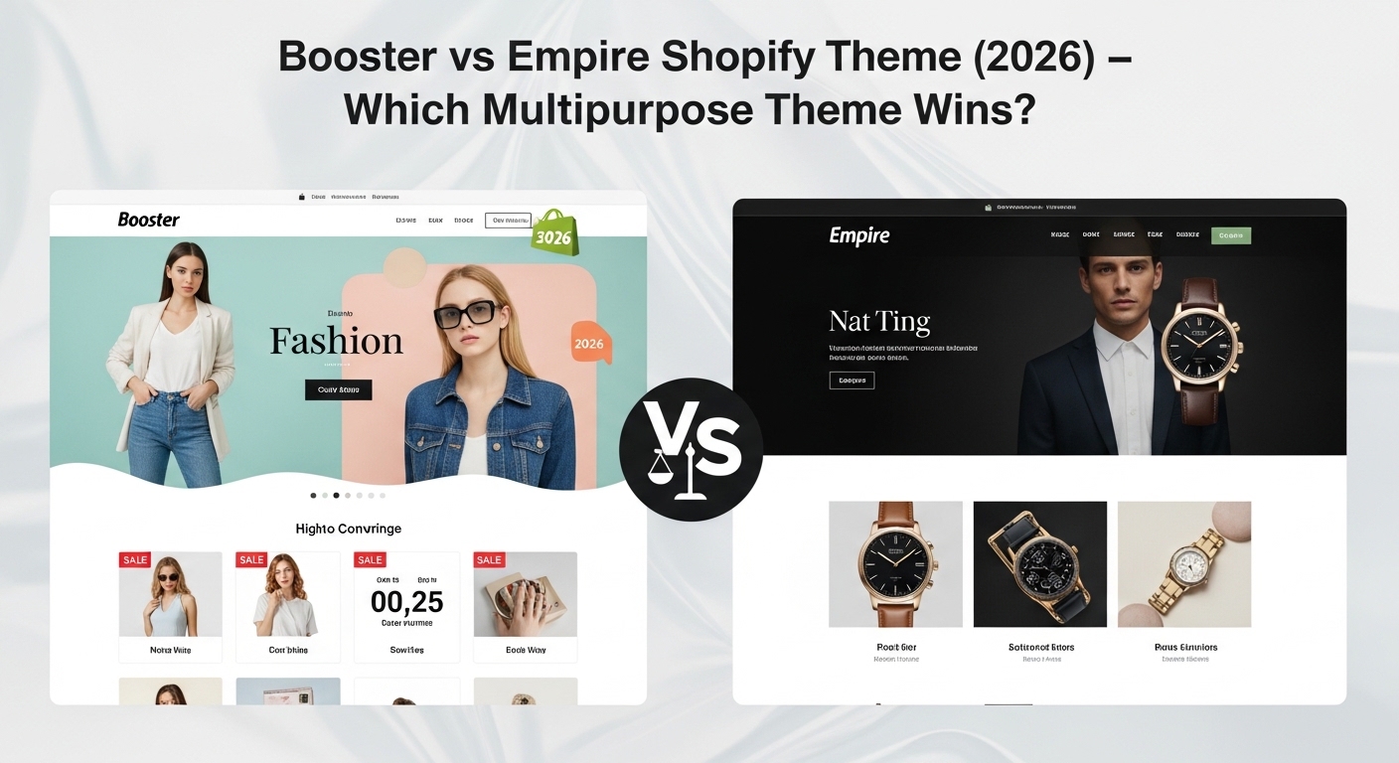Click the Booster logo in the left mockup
click(148, 220)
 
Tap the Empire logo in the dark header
click(859, 236)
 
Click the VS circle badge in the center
click(691, 450)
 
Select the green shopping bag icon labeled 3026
click(554, 233)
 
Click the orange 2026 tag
click(589, 344)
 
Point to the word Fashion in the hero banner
click(336, 342)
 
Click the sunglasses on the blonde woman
click(465, 313)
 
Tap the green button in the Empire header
click(1231, 236)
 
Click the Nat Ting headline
click(879, 321)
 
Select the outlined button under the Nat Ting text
click(852, 380)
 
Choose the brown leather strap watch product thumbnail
click(895, 563)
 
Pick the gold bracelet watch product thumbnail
click(1183, 563)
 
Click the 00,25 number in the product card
click(406, 601)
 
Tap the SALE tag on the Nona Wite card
click(134, 560)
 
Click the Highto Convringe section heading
click(348, 529)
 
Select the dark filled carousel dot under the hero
click(336, 495)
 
